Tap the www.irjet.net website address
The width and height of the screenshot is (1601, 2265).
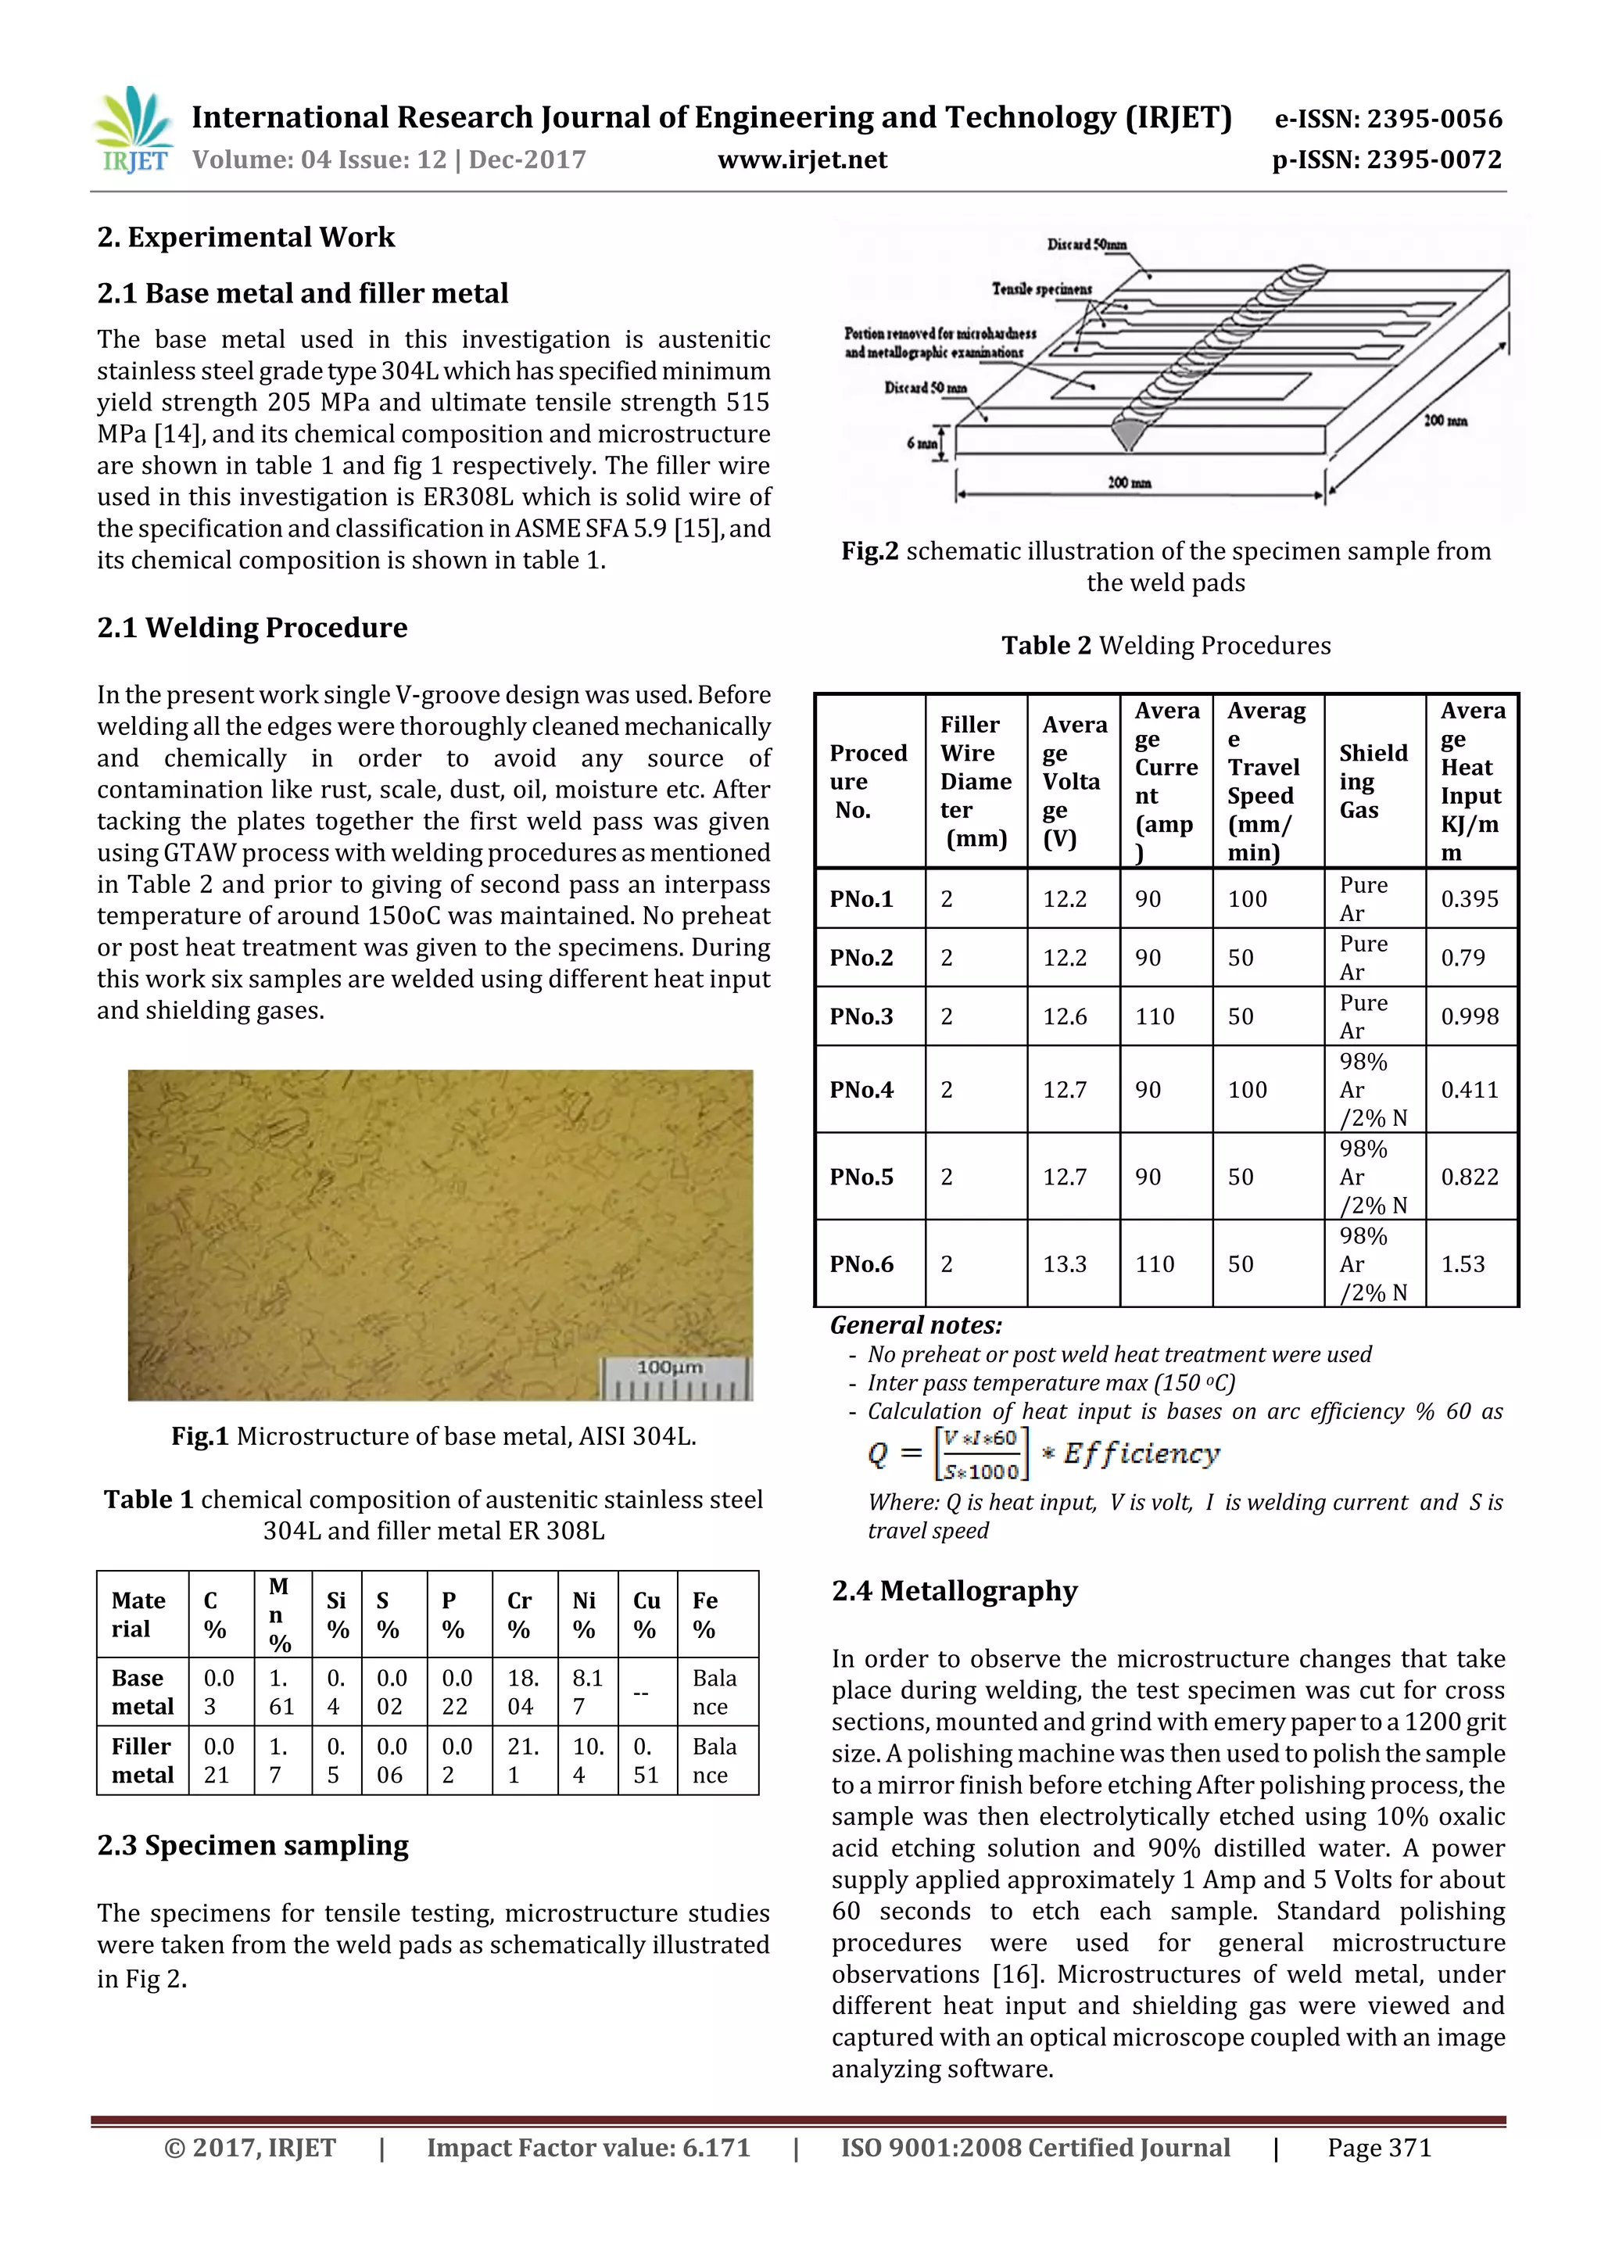[x=802, y=159]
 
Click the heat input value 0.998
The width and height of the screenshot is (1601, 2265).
[x=1469, y=1016]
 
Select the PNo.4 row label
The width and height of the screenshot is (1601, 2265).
[x=861, y=1089]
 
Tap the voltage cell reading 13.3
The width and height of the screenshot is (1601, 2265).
[x=1065, y=1263]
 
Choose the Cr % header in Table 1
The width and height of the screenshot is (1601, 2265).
[x=519, y=1615]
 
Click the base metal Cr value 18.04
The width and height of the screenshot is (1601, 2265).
[x=522, y=1692]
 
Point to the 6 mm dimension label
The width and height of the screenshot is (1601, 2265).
[x=922, y=443]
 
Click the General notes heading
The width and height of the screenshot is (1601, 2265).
[x=915, y=1325]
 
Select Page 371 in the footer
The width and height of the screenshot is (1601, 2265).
[x=1378, y=2148]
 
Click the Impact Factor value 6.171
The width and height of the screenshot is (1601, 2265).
[x=588, y=2148]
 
